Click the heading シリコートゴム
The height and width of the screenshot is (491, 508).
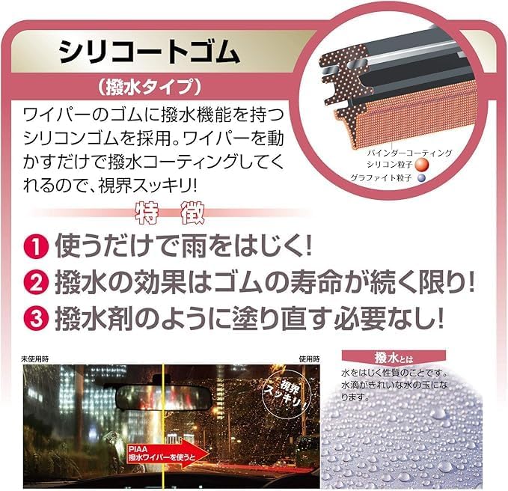point(150,52)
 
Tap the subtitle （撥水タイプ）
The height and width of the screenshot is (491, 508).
point(150,87)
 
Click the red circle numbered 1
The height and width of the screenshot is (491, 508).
point(36,246)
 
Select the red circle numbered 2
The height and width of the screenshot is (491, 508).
point(36,282)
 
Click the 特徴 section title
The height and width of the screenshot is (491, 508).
point(169,213)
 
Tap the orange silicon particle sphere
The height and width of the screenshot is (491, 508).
point(421,165)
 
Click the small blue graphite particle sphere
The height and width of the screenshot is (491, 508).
point(421,177)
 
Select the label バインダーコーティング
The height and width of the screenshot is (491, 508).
point(410,153)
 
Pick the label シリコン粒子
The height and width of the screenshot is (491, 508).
point(389,165)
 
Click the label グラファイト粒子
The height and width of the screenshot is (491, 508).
point(381,177)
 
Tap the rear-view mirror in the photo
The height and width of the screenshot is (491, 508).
point(164,394)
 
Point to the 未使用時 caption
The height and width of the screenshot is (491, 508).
point(35,359)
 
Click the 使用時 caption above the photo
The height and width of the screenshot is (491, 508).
point(309,359)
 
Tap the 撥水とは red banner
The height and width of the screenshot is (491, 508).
point(394,358)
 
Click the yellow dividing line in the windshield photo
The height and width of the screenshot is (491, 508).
point(163,426)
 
